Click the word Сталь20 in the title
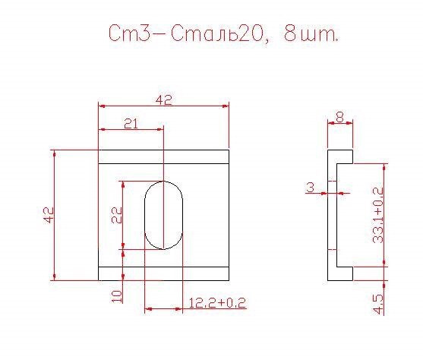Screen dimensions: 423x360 pyautogui.click(x=216, y=33)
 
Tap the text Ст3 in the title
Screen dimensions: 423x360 pyautogui.click(x=129, y=33)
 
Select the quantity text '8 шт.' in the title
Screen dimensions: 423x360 pyautogui.click(x=311, y=33)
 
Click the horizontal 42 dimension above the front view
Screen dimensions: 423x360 pyautogui.click(x=163, y=100)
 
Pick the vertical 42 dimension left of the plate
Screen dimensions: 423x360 pyautogui.click(x=49, y=215)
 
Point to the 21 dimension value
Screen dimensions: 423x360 pyautogui.click(x=131, y=124)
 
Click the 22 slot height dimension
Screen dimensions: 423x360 pyautogui.click(x=117, y=215)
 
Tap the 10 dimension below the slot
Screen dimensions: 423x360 pyautogui.click(x=117, y=296)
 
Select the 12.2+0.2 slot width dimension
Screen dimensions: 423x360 pyautogui.click(x=217, y=303)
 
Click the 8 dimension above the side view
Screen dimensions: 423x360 pyautogui.click(x=340, y=118)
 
